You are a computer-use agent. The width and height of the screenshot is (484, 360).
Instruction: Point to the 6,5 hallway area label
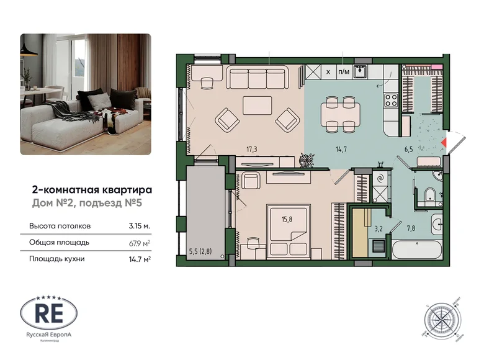coord(426,149)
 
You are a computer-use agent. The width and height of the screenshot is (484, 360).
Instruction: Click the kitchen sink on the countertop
coord(361,71)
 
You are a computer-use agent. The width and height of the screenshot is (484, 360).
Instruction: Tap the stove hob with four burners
coord(392,99)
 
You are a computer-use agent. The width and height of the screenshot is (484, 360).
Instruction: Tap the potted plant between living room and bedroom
coord(305,161)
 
